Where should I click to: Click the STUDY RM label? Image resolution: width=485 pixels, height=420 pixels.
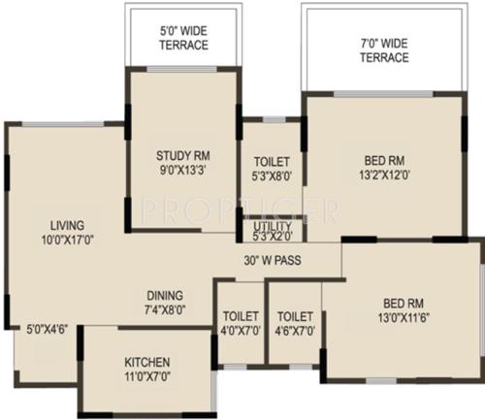pyautogui.click(x=182, y=156)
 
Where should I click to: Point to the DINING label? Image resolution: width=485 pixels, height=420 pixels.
pyautogui.click(x=165, y=296)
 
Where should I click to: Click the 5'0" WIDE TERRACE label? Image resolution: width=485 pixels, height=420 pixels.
pyautogui.click(x=183, y=39)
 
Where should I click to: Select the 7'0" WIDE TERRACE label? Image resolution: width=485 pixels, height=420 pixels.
pyautogui.click(x=383, y=50)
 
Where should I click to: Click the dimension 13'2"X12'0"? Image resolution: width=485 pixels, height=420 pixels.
pyautogui.click(x=384, y=176)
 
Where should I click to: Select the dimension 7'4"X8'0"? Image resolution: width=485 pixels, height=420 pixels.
pyautogui.click(x=165, y=311)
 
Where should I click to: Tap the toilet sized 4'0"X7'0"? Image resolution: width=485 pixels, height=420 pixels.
pyautogui.click(x=239, y=323)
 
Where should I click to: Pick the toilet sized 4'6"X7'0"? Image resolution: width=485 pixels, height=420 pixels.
pyautogui.click(x=294, y=323)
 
